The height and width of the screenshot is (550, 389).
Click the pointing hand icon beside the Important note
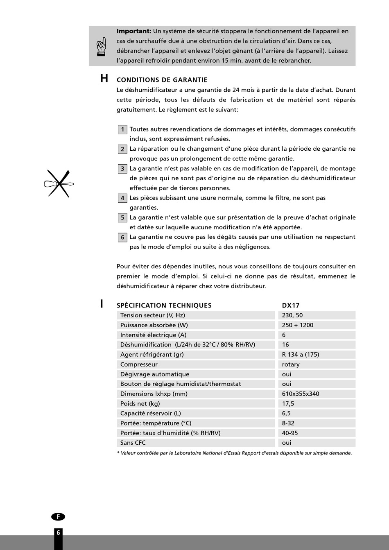click(101, 46)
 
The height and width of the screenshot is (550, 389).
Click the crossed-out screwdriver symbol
click(59, 183)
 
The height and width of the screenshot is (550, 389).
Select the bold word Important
click(134, 31)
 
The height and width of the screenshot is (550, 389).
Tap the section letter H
click(104, 79)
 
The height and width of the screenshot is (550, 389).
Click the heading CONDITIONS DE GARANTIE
click(162, 80)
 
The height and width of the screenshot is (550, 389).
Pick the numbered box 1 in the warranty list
click(122, 130)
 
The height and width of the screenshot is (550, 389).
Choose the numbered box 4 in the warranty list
click(122, 198)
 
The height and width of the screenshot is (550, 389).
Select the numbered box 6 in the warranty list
click(122, 238)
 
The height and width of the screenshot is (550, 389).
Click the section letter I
click(102, 304)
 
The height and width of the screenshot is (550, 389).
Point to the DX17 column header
click(291, 306)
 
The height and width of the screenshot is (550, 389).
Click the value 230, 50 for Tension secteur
click(292, 315)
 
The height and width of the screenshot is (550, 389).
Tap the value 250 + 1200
click(298, 325)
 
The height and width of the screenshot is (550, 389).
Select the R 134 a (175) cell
click(301, 355)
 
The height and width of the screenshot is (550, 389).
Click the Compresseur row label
click(139, 364)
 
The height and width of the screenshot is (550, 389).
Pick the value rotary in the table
click(291, 364)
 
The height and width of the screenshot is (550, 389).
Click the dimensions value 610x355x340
click(301, 394)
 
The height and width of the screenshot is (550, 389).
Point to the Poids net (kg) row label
click(140, 404)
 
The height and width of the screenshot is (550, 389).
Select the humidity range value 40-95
click(290, 433)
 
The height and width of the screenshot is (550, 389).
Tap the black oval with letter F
click(58, 517)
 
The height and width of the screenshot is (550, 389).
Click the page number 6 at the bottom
click(58, 533)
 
